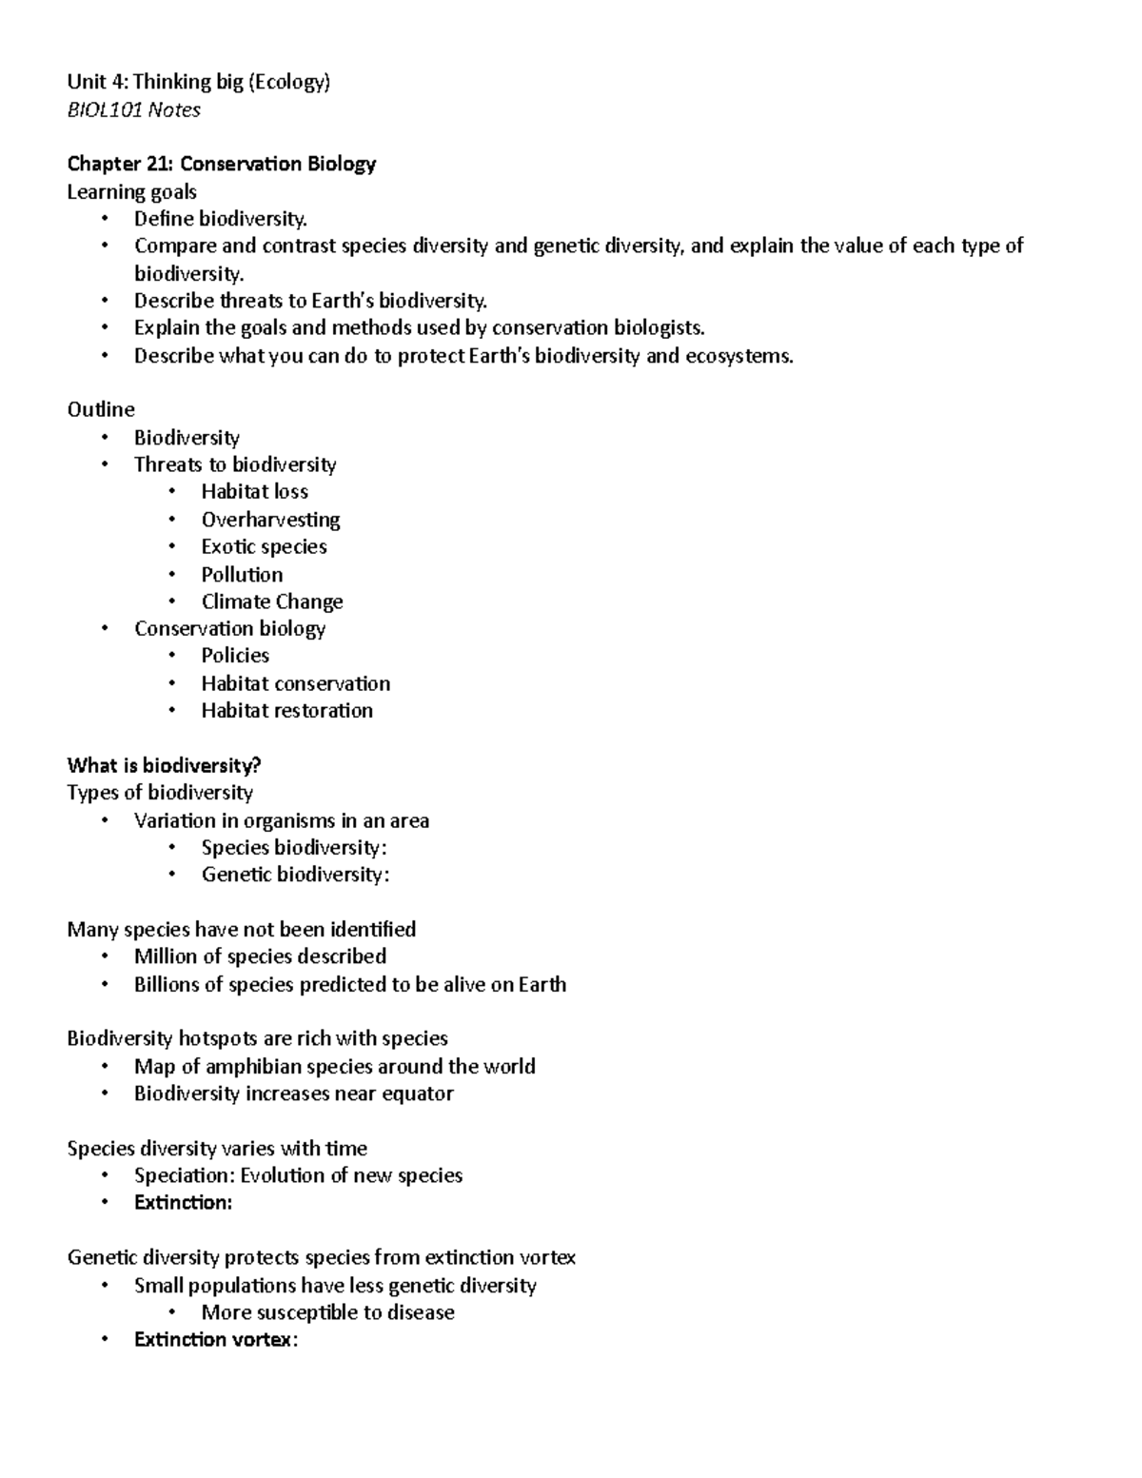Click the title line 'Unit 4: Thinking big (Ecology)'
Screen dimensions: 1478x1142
198,82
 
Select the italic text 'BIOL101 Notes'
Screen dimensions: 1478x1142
133,109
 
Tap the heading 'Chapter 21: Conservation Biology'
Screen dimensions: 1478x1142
221,164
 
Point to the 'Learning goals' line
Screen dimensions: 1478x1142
131,191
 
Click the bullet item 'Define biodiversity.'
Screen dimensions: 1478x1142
221,219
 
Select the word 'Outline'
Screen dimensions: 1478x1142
101,409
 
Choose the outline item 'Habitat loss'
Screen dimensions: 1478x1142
254,491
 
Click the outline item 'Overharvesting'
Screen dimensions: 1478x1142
270,520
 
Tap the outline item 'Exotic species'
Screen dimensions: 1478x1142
264,546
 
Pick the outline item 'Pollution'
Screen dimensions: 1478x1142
242,574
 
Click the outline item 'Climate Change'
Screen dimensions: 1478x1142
272,601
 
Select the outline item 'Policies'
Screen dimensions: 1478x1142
235,655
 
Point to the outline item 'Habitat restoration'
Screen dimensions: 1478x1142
286,710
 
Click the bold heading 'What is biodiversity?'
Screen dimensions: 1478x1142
164,765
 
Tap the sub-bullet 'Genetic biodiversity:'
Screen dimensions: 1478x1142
295,875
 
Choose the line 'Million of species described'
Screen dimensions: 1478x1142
260,956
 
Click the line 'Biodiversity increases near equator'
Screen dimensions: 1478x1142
293,1094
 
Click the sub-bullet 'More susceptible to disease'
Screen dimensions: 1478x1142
327,1312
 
